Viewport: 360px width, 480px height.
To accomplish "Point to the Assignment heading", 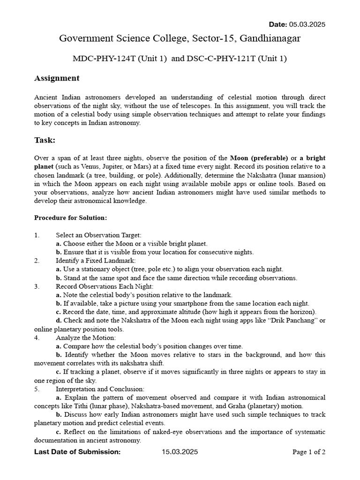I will (x=57, y=78).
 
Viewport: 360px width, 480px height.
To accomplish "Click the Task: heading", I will (x=45, y=140).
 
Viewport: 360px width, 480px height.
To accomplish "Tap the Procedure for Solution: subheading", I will (x=71, y=218).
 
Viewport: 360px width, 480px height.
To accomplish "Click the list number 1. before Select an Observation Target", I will (x=37, y=235).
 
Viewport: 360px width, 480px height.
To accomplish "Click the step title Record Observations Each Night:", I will (x=105, y=286).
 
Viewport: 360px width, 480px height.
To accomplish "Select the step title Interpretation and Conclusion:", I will (x=100, y=389).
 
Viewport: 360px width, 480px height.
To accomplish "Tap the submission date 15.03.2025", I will (x=180, y=452).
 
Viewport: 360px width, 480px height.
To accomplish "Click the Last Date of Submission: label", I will (x=77, y=452).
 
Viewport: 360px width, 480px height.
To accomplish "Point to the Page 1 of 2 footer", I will (x=308, y=452).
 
